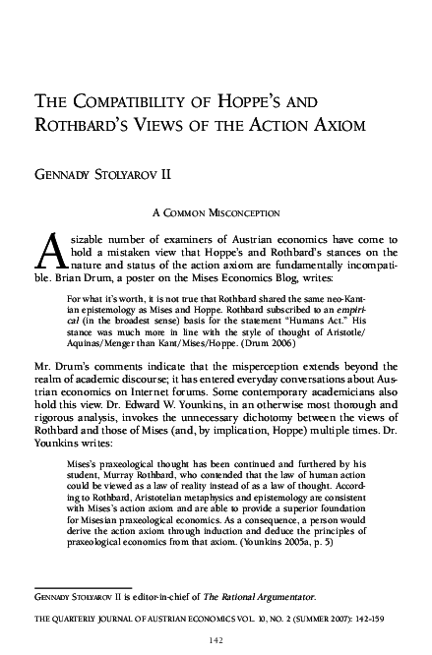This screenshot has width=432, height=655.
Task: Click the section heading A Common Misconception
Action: [216, 210]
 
